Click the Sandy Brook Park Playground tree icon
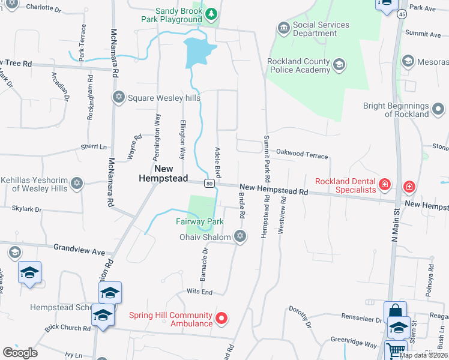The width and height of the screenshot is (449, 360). (x=211, y=13)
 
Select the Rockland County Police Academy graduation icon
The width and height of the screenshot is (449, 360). (x=339, y=65)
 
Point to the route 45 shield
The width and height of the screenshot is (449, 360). (x=402, y=13)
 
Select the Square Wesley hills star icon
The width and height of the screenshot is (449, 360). (x=118, y=97)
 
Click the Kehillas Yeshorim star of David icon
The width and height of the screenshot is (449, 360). (x=76, y=184)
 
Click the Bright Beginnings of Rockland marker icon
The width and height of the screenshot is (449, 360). (x=439, y=109)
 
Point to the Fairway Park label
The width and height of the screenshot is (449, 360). (x=200, y=221)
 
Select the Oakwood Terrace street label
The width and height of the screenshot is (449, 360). (x=302, y=155)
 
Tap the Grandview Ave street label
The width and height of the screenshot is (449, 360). (x=79, y=247)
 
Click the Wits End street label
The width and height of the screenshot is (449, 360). (x=200, y=292)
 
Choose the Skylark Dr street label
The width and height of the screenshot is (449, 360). (x=26, y=209)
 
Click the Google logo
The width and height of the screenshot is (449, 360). (x=20, y=352)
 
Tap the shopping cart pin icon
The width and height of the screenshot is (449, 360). (x=395, y=350)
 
